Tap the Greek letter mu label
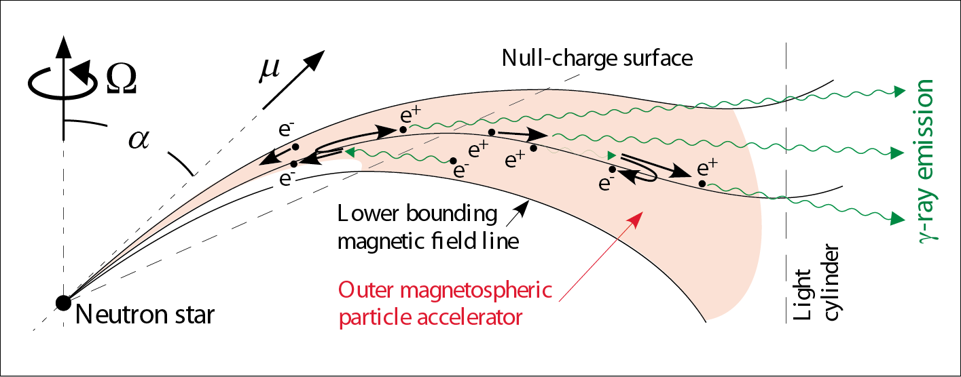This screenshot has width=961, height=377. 270,70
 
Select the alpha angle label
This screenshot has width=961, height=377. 139,140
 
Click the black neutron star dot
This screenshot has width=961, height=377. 63,303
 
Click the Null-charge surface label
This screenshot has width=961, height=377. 597,59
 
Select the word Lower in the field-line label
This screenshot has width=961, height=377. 368,214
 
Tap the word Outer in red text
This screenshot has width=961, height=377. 365,290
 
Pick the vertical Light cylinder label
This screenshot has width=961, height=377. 816,283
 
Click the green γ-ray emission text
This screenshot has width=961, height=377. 926,161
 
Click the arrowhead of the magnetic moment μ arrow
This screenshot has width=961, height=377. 315,60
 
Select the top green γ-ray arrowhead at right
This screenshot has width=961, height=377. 899,91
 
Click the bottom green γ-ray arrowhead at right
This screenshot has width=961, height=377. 898,219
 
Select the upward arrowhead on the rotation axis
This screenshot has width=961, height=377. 64,47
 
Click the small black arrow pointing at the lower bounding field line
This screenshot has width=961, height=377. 518,214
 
